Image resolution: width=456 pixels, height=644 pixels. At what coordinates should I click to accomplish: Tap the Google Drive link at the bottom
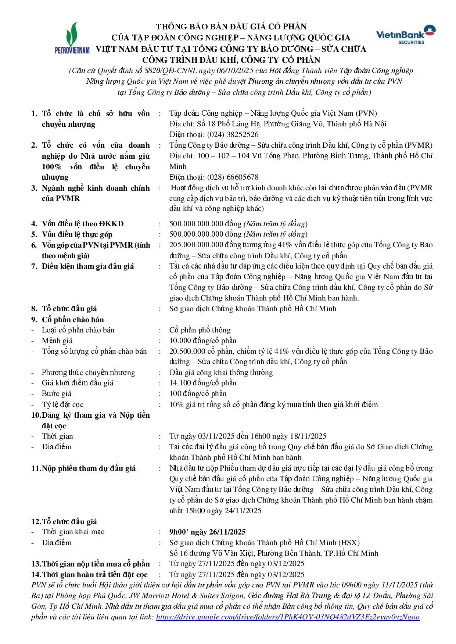(288, 618)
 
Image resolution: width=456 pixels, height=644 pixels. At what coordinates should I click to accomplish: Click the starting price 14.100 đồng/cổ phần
(203, 383)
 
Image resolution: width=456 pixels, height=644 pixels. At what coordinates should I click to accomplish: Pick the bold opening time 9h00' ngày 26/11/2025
(207, 532)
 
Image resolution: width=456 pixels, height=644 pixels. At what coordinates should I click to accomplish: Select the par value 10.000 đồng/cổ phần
(203, 341)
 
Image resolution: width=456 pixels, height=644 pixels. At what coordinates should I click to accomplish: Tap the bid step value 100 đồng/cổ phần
(198, 393)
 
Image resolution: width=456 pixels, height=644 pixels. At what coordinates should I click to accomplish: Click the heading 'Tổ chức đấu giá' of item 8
(69, 309)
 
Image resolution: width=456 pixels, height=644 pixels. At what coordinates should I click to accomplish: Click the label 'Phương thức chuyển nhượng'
(88, 373)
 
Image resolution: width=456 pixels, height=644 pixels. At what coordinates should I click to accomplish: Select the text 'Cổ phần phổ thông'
(200, 330)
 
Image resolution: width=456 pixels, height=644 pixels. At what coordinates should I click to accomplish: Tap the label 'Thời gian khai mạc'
(73, 532)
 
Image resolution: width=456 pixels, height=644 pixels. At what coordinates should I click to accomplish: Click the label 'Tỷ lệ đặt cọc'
(62, 404)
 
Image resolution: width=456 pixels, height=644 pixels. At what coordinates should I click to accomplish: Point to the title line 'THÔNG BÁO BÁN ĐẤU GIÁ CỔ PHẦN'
(231, 26)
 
